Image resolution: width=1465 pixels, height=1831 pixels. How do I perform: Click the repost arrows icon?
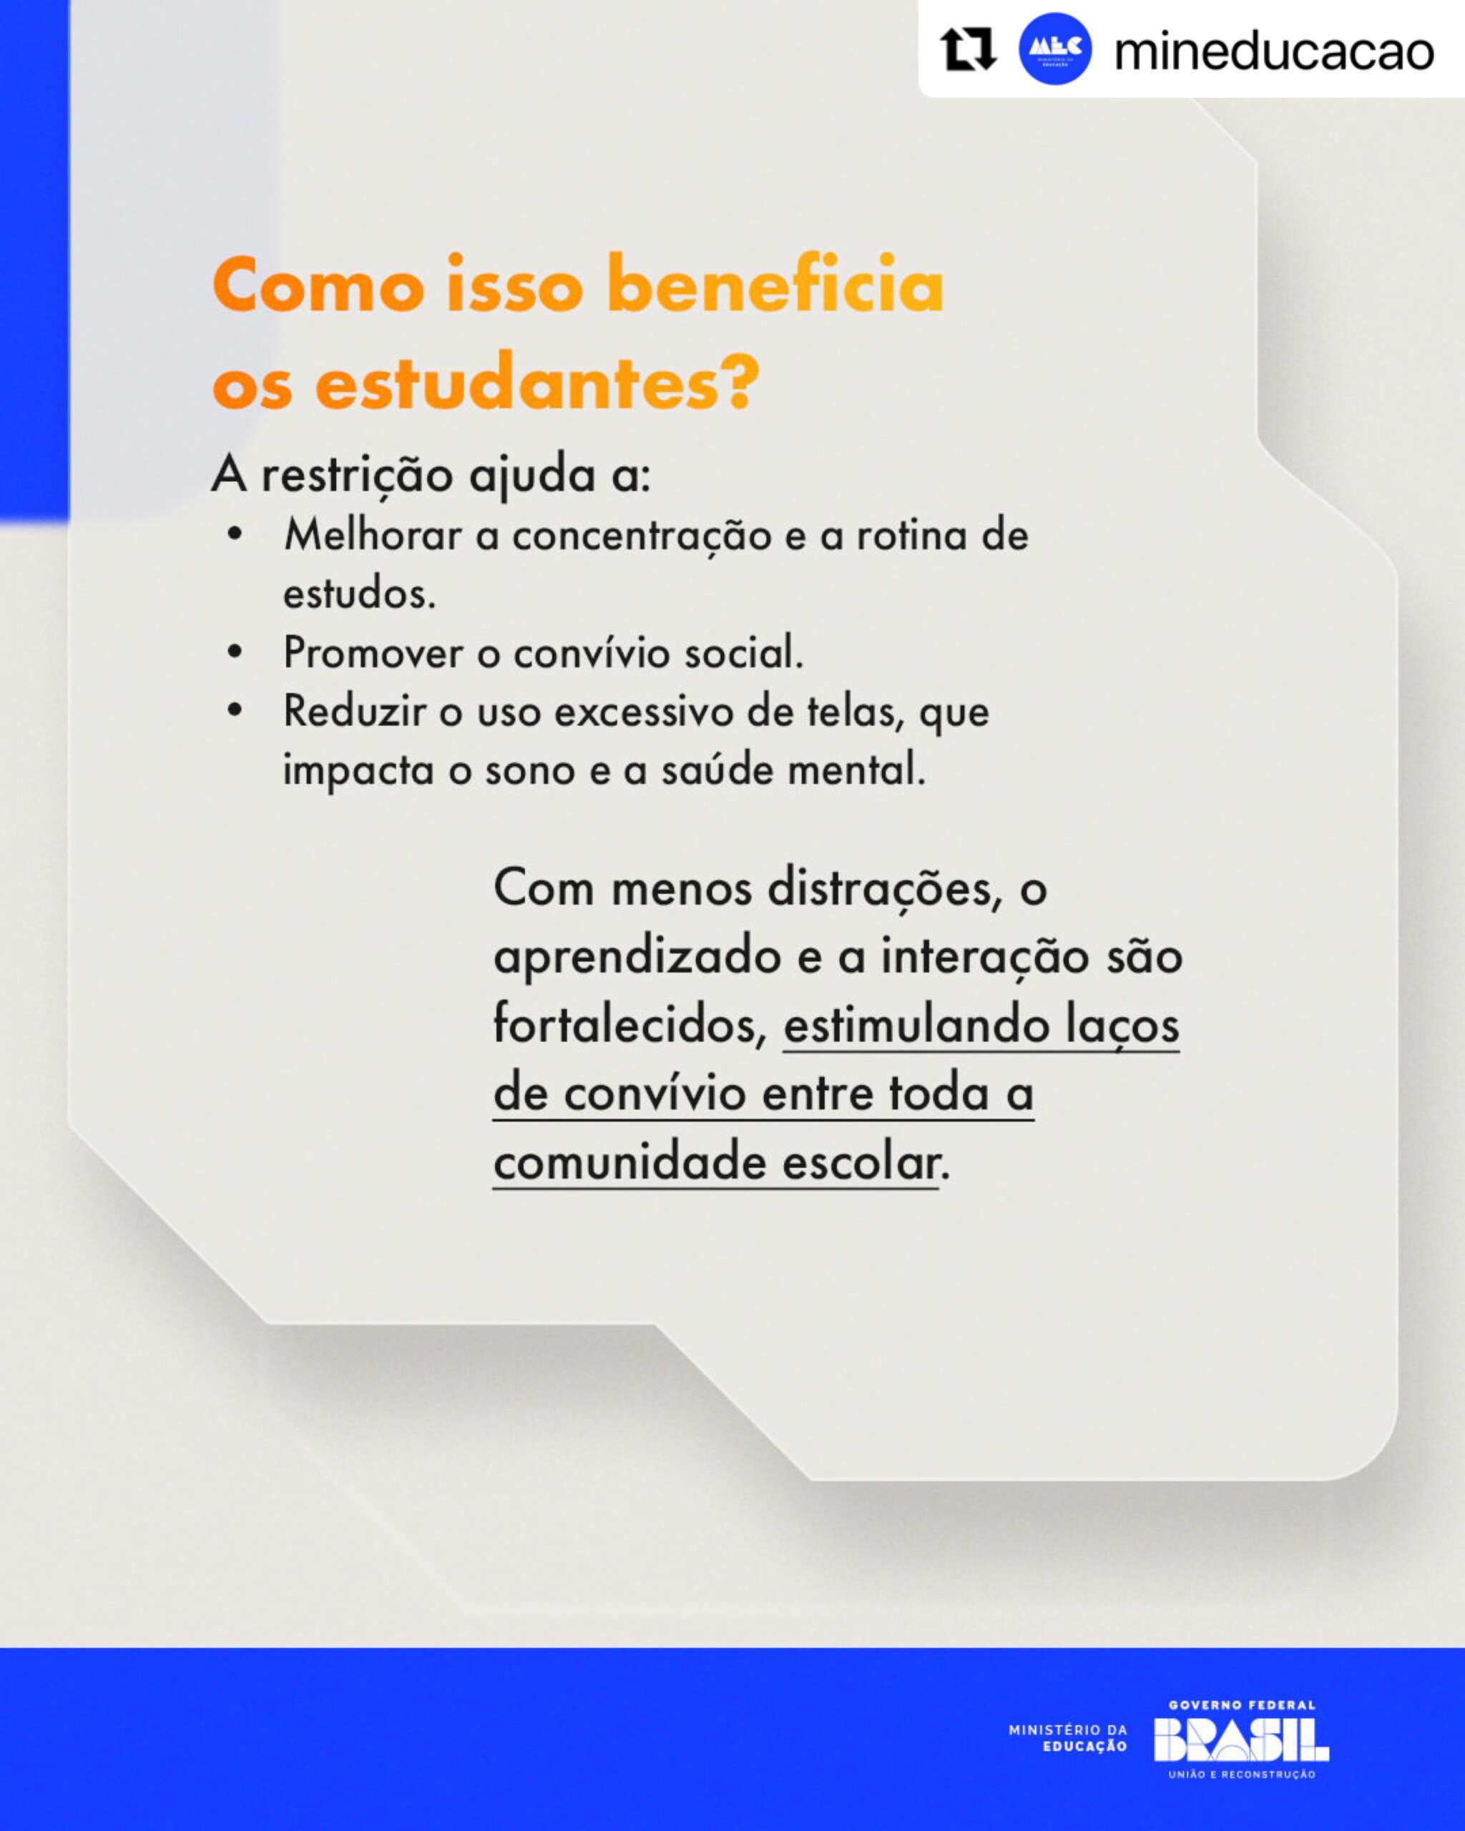(968, 49)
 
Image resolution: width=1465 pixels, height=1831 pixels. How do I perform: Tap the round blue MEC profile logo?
(1055, 49)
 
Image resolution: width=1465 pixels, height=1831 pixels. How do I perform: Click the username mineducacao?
(1273, 51)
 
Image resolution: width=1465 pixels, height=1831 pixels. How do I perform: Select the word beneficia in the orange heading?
(775, 285)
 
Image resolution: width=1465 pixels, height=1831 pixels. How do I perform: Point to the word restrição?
(357, 475)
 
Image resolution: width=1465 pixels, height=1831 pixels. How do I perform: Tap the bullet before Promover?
(235, 653)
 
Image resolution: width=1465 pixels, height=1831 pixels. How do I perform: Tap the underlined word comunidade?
(629, 1162)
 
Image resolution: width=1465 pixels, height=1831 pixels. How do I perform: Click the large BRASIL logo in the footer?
(1241, 1740)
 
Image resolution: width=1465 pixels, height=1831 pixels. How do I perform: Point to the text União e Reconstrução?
(1242, 1774)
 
